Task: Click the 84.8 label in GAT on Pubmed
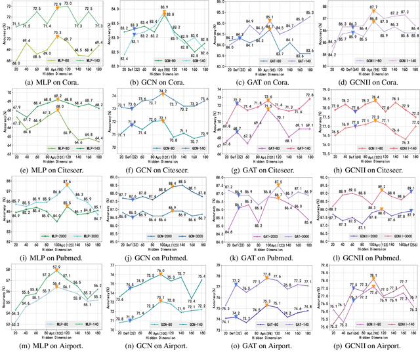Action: tap(227, 231)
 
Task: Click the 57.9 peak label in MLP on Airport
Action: tap(56, 268)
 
